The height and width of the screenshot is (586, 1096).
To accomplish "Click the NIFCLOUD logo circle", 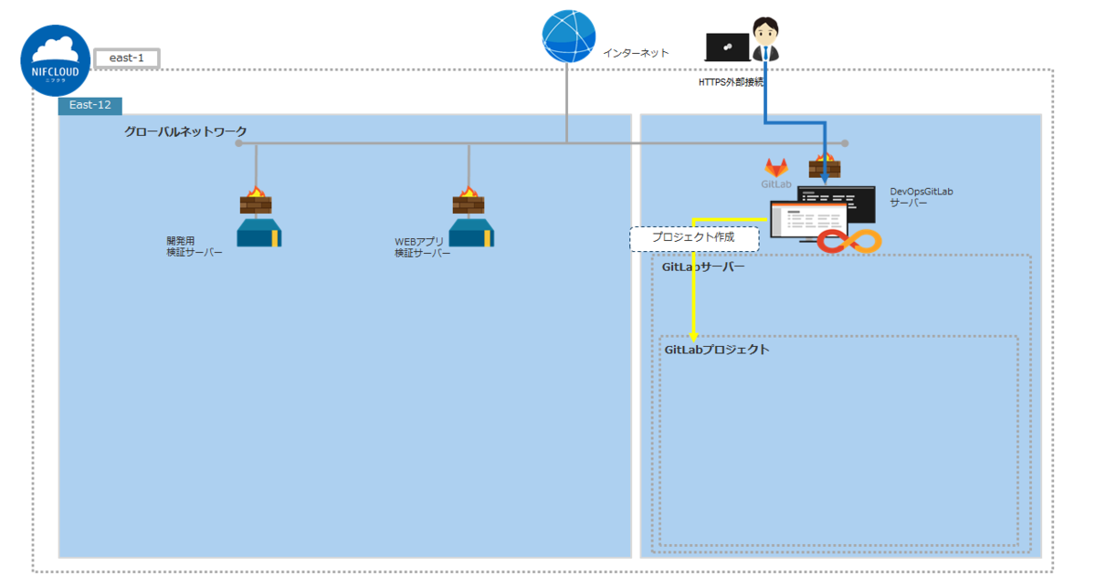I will pyautogui.click(x=56, y=60).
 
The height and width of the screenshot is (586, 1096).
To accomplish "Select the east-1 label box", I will pyautogui.click(x=127, y=58).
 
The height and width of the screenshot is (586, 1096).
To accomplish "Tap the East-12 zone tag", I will pyautogui.click(x=90, y=105).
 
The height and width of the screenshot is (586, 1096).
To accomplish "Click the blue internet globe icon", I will pyautogui.click(x=568, y=37).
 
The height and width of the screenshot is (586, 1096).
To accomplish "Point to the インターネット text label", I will pyautogui.click(x=636, y=53).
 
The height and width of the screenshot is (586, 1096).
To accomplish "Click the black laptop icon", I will pyautogui.click(x=728, y=47).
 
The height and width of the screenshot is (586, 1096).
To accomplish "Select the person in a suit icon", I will pyautogui.click(x=764, y=41).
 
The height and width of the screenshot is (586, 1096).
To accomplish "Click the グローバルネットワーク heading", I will pyautogui.click(x=185, y=132).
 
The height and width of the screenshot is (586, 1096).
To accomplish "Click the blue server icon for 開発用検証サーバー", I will pyautogui.click(x=258, y=234).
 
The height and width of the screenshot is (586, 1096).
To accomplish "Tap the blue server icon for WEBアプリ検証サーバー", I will pyautogui.click(x=471, y=234).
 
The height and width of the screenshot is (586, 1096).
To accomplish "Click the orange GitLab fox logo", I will pyautogui.click(x=776, y=167).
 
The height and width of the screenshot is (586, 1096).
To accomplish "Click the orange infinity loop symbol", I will pyautogui.click(x=848, y=241).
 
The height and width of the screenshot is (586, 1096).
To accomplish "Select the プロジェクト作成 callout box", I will pyautogui.click(x=694, y=239).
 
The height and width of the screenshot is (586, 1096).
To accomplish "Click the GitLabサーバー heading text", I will pyautogui.click(x=703, y=268).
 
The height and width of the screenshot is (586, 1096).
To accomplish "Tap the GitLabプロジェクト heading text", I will pyautogui.click(x=716, y=350).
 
